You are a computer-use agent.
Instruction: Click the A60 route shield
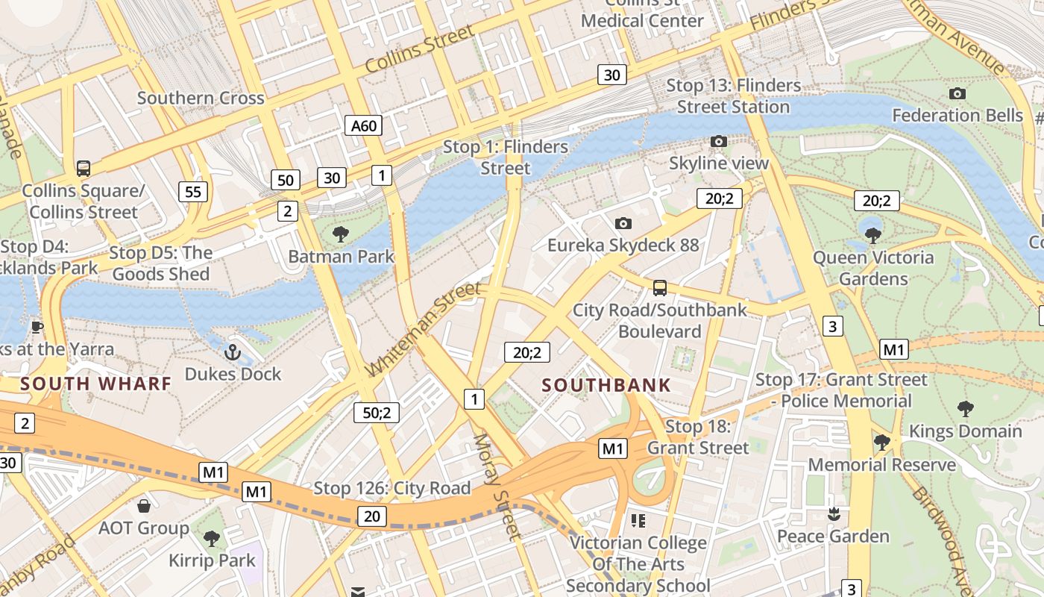coord(364,125)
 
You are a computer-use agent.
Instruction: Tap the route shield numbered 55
coord(193,192)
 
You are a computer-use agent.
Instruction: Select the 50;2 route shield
coord(377,412)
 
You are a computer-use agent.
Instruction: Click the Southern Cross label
coord(201,98)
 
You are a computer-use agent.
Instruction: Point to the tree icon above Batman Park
coord(341,234)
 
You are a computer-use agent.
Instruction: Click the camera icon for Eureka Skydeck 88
coord(623,223)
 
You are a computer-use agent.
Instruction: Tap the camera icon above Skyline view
coord(718,141)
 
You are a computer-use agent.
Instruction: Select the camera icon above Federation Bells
coord(957,93)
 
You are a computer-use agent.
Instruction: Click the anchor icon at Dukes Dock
coord(233,351)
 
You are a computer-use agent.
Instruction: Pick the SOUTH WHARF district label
coord(95,384)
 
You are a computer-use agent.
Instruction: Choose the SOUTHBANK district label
coord(606,386)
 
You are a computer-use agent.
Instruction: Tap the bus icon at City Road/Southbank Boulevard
coord(659,288)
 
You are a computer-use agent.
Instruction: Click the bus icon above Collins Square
coord(84,169)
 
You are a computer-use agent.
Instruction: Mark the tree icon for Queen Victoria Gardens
coord(873,236)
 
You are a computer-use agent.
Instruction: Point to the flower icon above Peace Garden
coord(833,514)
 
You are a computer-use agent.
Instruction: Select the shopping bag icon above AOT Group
coord(144,506)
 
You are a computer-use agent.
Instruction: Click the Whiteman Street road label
coord(424,330)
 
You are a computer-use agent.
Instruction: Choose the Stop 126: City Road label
coord(391,488)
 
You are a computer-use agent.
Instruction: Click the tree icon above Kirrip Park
coord(212,538)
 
